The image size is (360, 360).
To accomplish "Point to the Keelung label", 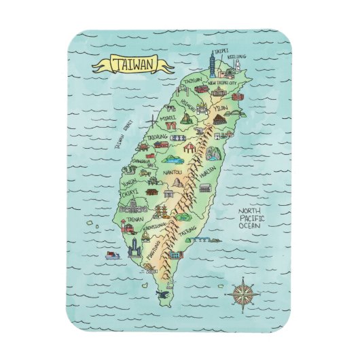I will point(236,57).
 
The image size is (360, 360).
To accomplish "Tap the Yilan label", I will point(220,108).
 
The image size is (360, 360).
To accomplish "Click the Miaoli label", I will point(168,117).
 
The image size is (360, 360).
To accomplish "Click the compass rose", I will point(243,293).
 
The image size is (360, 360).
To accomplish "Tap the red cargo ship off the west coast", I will point(113,255).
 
